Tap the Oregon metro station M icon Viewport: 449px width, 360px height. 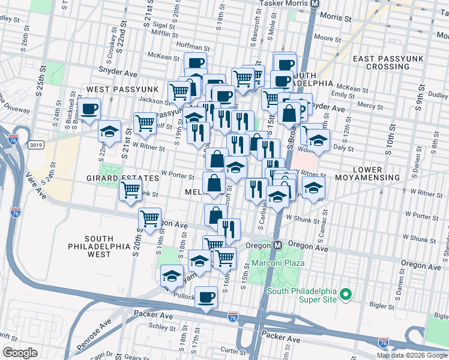click(278, 245)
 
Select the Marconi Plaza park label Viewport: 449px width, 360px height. click(277, 263)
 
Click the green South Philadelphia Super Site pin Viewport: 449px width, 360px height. click(345, 294)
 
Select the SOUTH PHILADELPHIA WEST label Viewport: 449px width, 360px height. click(98, 246)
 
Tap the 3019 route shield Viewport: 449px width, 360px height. click(34, 144)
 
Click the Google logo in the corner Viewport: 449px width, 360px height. click(20, 353)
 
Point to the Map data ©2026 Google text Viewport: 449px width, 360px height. click(412, 355)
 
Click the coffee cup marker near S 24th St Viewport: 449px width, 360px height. click(89, 109)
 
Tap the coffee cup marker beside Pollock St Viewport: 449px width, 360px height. click(206, 296)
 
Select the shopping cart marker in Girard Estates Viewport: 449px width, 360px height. click(130, 190)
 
